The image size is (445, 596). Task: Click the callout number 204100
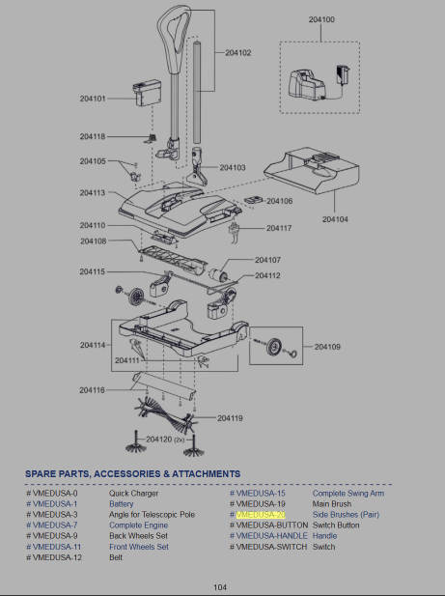pyautogui.click(x=321, y=19)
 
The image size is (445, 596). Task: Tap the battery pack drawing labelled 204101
pyautogui.click(x=147, y=93)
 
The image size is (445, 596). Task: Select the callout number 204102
pyautogui.click(x=238, y=53)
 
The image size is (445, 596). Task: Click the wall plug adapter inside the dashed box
pyautogui.click(x=343, y=75)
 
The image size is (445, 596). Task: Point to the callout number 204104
pyautogui.click(x=335, y=219)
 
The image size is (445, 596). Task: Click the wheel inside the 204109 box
pyautogui.click(x=274, y=347)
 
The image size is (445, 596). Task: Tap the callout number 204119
pyautogui.click(x=230, y=418)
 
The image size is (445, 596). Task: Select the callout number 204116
pyautogui.click(x=93, y=390)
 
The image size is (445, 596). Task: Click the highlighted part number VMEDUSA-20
pyautogui.click(x=261, y=515)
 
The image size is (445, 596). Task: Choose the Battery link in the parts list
pyautogui.click(x=121, y=504)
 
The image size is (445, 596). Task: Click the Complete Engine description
pyautogui.click(x=139, y=525)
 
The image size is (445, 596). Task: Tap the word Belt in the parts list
pyautogui.click(x=116, y=557)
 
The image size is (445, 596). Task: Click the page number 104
pyautogui.click(x=220, y=587)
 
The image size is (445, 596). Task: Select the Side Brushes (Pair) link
pyautogui.click(x=346, y=515)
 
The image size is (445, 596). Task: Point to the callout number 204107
pyautogui.click(x=267, y=260)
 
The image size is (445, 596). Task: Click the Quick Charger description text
pyautogui.click(x=133, y=494)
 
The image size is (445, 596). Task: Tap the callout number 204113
pyautogui.click(x=93, y=193)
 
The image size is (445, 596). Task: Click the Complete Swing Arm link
pyautogui.click(x=348, y=494)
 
